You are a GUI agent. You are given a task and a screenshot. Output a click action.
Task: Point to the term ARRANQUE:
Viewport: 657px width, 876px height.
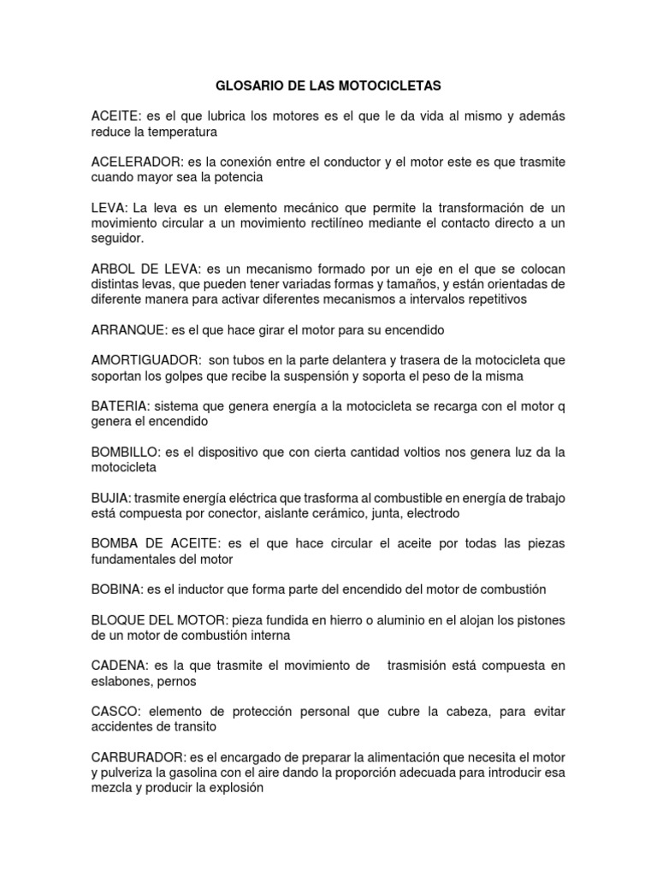[x=129, y=329]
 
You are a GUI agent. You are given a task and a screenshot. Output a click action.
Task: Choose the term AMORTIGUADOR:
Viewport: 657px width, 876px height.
[x=145, y=360]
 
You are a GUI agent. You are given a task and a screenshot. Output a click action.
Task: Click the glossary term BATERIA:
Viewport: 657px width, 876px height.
[x=121, y=406]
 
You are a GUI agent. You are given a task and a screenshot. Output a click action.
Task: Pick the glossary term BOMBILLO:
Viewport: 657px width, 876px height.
[x=127, y=453]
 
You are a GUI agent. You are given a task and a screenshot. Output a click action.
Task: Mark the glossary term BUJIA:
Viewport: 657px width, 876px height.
[x=112, y=498]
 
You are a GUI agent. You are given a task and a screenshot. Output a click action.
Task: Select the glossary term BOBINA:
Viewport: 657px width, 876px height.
[x=118, y=589]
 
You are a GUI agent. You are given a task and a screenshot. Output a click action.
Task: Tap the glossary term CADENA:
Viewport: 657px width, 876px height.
[x=120, y=666]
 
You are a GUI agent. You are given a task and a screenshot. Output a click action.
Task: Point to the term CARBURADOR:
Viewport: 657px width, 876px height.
[x=138, y=758]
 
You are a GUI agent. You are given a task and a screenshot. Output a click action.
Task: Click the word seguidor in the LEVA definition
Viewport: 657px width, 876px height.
[x=118, y=239]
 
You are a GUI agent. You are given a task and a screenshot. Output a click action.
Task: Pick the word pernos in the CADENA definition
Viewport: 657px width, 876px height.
[x=177, y=682]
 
